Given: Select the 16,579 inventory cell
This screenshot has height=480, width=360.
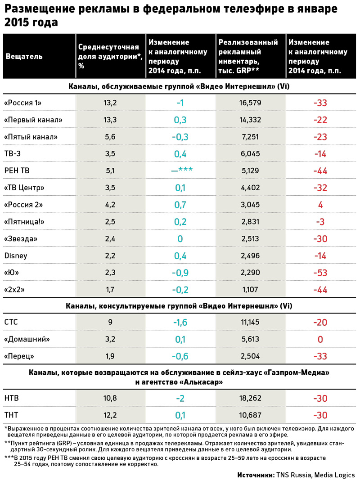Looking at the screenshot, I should tap(251, 103).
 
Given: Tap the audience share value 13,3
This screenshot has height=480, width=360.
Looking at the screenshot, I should tap(110, 120).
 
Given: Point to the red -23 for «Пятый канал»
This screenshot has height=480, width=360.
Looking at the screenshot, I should tap(320, 137).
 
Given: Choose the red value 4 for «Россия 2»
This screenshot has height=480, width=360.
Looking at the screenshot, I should tap(320, 205).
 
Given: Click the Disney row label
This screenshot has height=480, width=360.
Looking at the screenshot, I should tap(16, 256).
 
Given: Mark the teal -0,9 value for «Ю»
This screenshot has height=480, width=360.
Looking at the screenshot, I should tap(180, 273).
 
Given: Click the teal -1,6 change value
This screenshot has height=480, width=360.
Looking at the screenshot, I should tap(180, 323).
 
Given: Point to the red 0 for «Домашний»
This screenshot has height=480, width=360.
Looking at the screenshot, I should tap(320, 340).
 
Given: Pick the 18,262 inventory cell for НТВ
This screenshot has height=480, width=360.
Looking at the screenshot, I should tap(251, 398).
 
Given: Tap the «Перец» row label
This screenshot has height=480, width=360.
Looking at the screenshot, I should tap(20, 356).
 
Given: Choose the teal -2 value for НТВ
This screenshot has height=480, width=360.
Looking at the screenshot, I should tap(180, 398).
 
